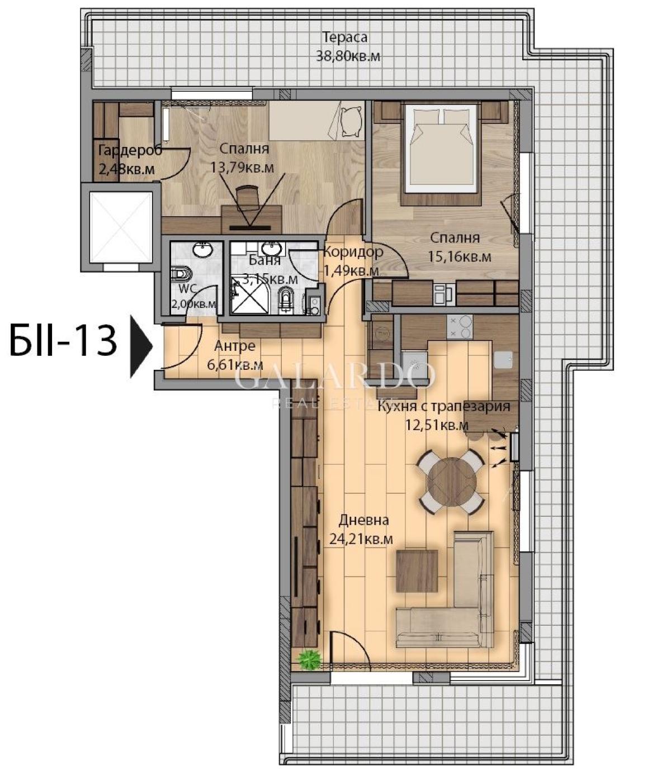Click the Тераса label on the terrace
[x=345, y=37]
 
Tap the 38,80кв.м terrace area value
[x=347, y=56]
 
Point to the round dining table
[x=451, y=481]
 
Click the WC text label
[x=187, y=289]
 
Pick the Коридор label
[x=353, y=252]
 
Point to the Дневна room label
[x=363, y=520]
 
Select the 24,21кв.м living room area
[x=361, y=539]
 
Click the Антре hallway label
[x=235, y=346]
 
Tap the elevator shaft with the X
[x=121, y=227]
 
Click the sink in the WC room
[x=203, y=250]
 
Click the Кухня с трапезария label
[x=443, y=407]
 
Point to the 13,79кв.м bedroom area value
[x=242, y=167]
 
